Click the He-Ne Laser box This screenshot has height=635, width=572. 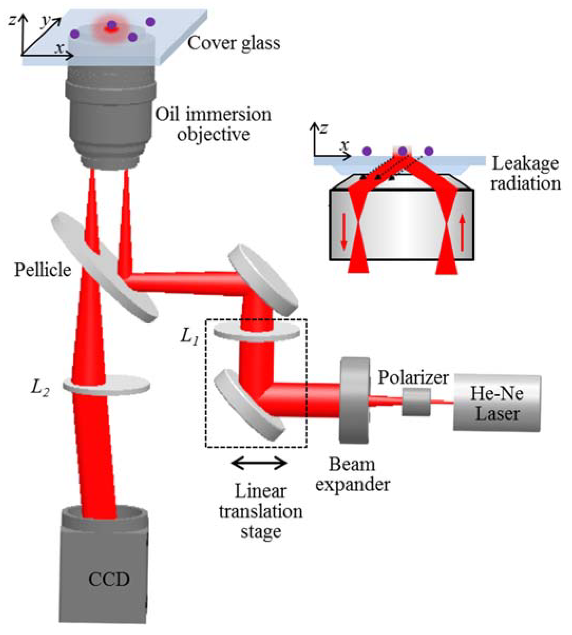[497, 403]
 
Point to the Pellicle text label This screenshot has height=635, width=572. [43, 270]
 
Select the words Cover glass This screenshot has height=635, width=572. [233, 43]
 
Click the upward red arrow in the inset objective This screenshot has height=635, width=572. [462, 234]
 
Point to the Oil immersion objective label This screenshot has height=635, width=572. [213, 124]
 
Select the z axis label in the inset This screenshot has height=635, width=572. [323, 128]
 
